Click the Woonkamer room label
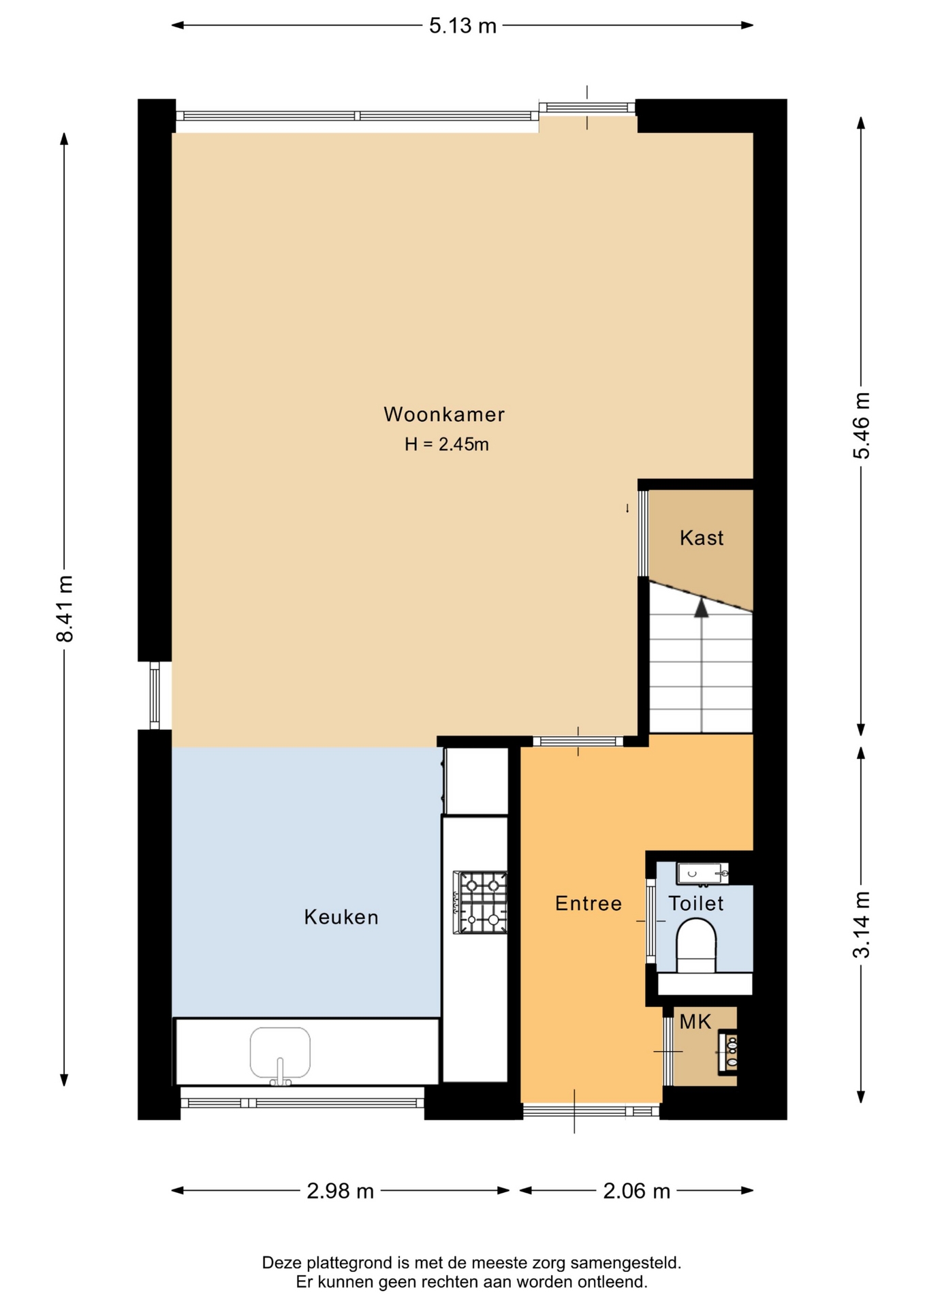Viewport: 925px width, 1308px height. (x=444, y=414)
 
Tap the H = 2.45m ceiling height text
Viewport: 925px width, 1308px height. (x=447, y=444)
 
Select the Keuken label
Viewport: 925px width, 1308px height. (x=341, y=917)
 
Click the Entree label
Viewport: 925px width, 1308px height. (x=589, y=903)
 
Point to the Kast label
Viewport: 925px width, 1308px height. (x=702, y=538)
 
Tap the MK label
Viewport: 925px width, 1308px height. (x=695, y=1022)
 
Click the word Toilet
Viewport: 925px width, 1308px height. (x=696, y=903)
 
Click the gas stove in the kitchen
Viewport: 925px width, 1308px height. (x=480, y=902)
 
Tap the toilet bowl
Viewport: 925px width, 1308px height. (x=696, y=945)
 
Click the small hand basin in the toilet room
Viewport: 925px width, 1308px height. (x=702, y=873)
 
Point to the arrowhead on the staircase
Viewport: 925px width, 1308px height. (x=702, y=608)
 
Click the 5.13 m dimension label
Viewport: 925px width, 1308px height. (x=462, y=26)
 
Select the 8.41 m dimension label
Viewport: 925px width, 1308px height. (x=65, y=608)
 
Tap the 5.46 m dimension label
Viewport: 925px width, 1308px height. (x=862, y=426)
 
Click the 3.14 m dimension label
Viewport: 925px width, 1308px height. (x=862, y=924)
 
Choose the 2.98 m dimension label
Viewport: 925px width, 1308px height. (x=341, y=1191)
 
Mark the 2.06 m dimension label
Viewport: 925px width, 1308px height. (x=637, y=1191)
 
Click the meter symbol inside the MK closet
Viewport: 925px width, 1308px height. (x=729, y=1052)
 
